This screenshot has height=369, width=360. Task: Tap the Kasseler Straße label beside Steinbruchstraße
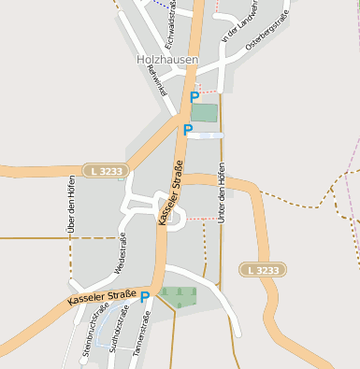pos(101,299)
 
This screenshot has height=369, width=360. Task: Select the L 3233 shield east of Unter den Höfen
pos(262,270)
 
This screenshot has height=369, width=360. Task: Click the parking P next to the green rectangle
pos(194,96)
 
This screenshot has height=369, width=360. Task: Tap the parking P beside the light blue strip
pos(187,130)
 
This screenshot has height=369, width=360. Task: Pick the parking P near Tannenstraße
pos(145,298)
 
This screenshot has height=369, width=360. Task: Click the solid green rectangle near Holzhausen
pos(204,112)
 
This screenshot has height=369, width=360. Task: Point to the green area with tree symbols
pos(178,297)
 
